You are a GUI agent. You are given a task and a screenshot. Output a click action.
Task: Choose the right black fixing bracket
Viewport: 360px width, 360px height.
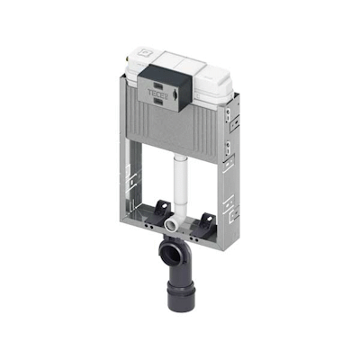[x=206, y=218]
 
